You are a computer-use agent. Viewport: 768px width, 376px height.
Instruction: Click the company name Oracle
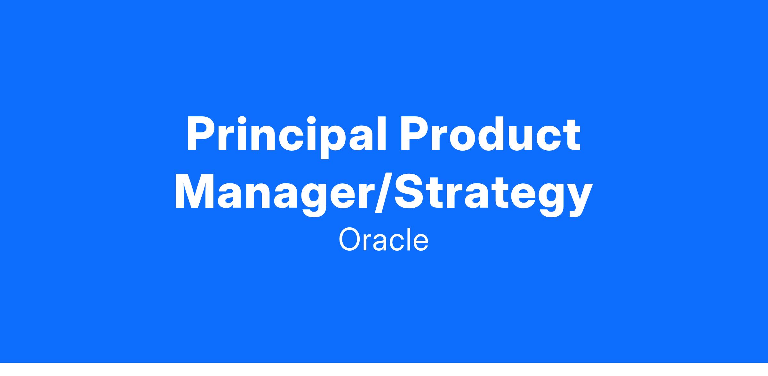[383, 240]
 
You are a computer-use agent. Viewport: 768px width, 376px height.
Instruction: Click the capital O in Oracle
[350, 240]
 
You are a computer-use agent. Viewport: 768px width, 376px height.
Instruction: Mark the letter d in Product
[502, 134]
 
